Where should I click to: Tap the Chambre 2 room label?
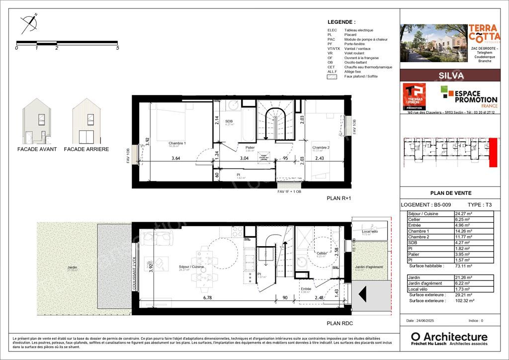point(320,147)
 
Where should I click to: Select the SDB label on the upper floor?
point(229,121)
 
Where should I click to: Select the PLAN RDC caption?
point(339,323)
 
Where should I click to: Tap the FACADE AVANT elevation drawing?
point(37,120)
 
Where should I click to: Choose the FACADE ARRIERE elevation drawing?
point(86,120)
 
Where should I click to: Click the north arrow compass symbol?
point(29,23)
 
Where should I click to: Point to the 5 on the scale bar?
point(117,48)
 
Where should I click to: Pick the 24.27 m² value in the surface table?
point(463,214)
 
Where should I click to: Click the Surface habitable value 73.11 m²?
point(463,266)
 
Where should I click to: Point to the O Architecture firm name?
point(449,337)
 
